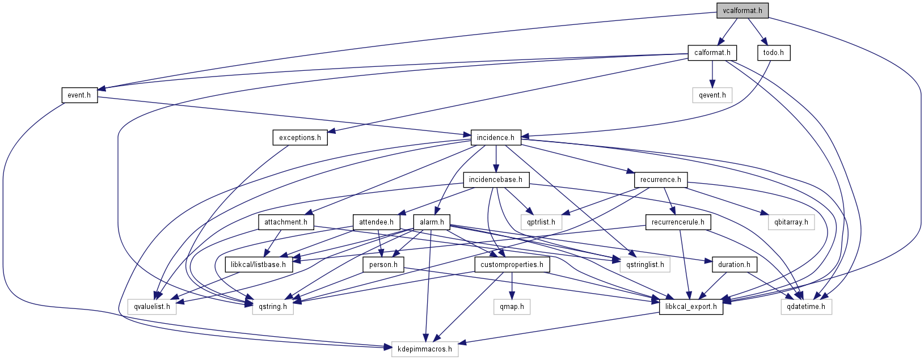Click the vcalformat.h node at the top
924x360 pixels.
point(742,10)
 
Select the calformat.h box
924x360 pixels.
point(712,53)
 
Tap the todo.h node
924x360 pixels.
point(773,53)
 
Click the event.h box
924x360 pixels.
point(79,95)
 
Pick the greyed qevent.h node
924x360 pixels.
point(712,95)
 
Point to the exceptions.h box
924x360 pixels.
point(299,138)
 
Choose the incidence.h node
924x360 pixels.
point(495,138)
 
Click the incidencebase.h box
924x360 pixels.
point(496,180)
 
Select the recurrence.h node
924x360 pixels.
point(661,180)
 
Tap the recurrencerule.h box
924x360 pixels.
point(677,222)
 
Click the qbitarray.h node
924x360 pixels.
point(791,222)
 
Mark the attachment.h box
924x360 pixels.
point(285,222)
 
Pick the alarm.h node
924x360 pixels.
point(432,222)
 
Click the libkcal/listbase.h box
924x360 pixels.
point(259,265)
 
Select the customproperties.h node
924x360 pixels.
point(512,265)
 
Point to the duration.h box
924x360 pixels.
point(733,265)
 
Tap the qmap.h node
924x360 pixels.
point(512,307)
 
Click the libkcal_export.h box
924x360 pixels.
point(691,307)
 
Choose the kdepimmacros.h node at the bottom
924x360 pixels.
point(425,349)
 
